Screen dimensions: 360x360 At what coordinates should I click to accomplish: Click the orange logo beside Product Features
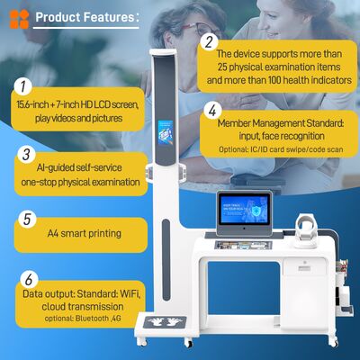(18, 18)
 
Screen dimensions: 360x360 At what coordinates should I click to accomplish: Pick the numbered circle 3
(26, 154)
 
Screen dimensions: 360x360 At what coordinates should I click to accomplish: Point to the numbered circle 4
(210, 112)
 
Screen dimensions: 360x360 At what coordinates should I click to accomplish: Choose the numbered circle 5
(26, 218)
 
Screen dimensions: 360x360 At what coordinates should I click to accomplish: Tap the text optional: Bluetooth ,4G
(85, 319)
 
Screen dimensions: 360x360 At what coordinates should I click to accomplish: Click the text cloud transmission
(83, 306)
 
